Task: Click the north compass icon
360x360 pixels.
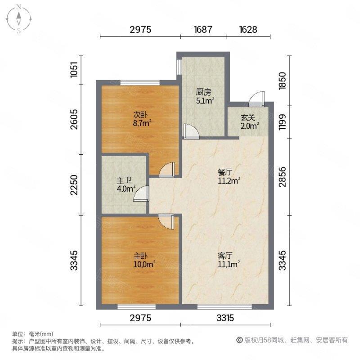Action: pyautogui.click(x=19, y=18)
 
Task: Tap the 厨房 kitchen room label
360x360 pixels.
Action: pyautogui.click(x=203, y=92)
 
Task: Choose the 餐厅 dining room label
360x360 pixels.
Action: pyautogui.click(x=225, y=172)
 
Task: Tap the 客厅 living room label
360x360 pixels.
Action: pyautogui.click(x=225, y=255)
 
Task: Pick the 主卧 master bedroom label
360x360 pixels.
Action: pyautogui.click(x=140, y=255)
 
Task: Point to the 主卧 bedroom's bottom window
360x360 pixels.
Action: pyautogui.click(x=137, y=307)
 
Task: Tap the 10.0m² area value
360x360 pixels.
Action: pyautogui.click(x=144, y=264)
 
